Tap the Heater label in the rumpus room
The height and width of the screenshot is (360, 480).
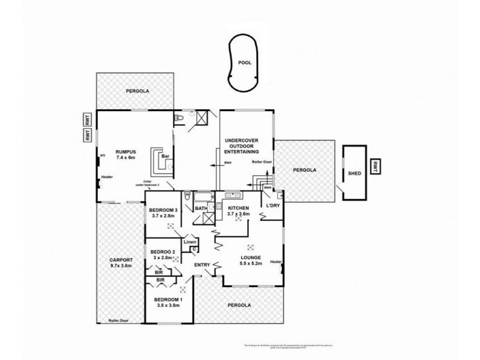tap(107, 177)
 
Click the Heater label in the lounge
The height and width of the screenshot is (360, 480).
tap(276, 262)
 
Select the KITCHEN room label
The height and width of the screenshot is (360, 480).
tap(238, 208)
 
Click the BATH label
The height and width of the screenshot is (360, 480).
tap(201, 209)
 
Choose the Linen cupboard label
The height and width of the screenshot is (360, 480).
tap(190, 242)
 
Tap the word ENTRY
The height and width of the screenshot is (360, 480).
tap(202, 265)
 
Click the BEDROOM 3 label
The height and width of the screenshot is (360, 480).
tap(161, 210)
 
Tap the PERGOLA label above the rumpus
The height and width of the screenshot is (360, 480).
tap(137, 91)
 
